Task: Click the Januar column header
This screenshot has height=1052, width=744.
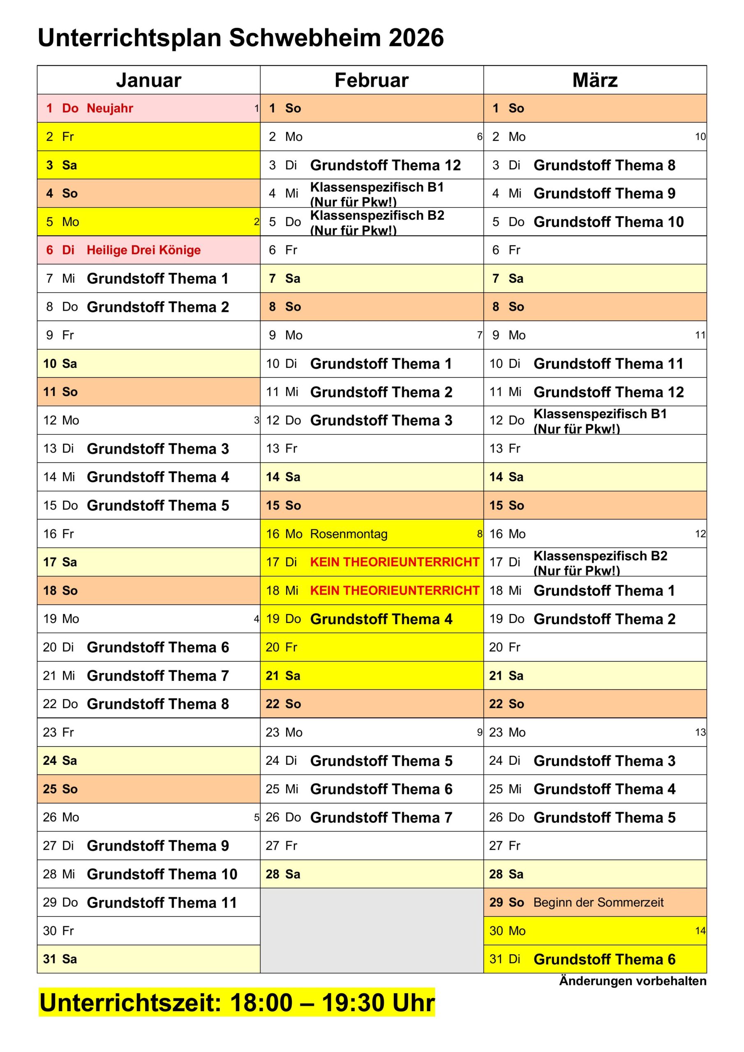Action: [148, 80]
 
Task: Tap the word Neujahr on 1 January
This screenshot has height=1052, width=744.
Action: [110, 108]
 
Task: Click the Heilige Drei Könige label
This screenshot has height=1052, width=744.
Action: [143, 250]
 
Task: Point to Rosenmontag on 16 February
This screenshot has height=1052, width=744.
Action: [349, 534]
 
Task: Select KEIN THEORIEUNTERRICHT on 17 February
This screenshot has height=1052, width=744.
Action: [394, 562]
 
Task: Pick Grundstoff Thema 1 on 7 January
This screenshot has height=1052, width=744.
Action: [157, 279]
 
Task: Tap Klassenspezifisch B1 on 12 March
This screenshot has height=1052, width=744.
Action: [600, 414]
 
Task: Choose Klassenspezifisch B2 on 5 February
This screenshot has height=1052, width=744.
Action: [377, 216]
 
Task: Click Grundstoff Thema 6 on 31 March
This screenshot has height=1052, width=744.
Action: [604, 959]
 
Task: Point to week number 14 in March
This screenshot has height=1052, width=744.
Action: [700, 931]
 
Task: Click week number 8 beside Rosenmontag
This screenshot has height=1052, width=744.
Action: [480, 534]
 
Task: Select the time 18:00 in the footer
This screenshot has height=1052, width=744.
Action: [261, 1003]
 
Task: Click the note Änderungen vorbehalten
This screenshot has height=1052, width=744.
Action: [632, 981]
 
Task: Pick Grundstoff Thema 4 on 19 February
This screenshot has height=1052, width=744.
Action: [381, 619]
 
